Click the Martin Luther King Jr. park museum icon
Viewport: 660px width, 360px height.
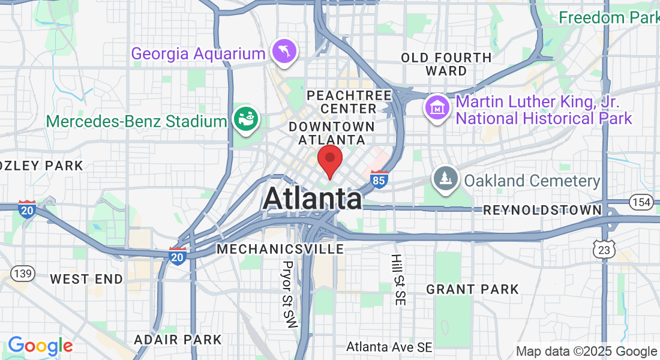click(437, 108)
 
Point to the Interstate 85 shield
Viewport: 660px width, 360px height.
click(379, 179)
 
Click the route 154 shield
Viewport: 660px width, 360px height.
click(641, 202)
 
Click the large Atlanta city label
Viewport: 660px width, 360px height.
click(312, 199)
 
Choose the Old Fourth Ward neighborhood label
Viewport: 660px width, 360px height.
click(446, 64)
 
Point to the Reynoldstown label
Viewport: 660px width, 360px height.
click(542, 210)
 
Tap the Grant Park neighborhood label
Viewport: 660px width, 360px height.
click(472, 289)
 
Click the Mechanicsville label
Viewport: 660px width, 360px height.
click(281, 248)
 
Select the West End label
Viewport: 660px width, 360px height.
click(86, 279)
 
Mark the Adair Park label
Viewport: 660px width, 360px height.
click(178, 340)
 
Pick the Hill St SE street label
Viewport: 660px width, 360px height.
click(397, 280)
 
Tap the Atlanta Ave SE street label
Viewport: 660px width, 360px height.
click(389, 347)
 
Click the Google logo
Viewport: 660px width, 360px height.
click(40, 346)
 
